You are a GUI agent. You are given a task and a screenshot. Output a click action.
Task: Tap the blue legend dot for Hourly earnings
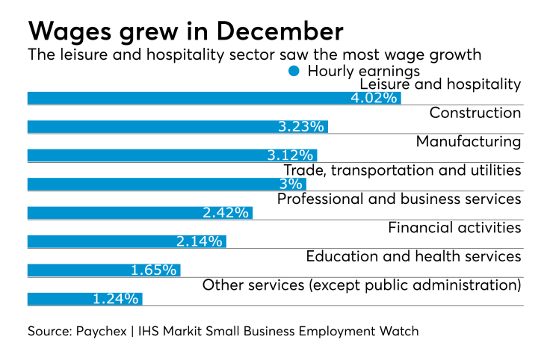tap(294, 71)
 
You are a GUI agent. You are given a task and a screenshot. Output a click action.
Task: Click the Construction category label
tap(475, 113)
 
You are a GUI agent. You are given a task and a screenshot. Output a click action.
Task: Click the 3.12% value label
tap(291, 155)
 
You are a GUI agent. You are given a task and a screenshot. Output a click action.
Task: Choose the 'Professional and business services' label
tap(398, 199)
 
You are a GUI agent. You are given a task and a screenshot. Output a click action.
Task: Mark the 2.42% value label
tap(225, 213)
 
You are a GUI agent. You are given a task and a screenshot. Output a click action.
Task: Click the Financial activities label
tap(454, 227)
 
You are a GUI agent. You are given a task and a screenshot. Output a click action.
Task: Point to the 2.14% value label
tap(200, 241)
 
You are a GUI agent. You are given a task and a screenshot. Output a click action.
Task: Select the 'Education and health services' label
tap(413, 256)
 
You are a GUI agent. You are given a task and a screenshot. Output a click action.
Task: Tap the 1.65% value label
tap(154, 270)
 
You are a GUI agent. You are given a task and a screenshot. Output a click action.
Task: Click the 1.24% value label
tap(116, 299)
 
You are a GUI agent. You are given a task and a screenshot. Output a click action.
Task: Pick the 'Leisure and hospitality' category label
tap(440, 84)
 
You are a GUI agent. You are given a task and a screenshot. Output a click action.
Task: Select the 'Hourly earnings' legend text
tap(363, 71)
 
